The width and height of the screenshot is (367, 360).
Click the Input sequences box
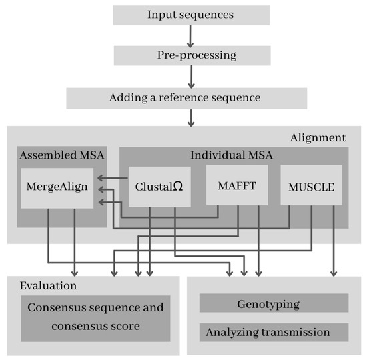point(191,15)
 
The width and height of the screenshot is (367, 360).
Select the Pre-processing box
point(191,55)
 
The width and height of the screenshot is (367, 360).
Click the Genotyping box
point(274,304)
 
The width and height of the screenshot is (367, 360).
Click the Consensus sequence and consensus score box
point(94,317)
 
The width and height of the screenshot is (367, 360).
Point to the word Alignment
point(318,138)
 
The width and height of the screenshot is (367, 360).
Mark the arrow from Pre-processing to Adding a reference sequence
point(191,77)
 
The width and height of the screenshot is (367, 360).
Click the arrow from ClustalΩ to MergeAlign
point(113,178)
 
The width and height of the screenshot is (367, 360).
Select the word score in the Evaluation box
point(137,327)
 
